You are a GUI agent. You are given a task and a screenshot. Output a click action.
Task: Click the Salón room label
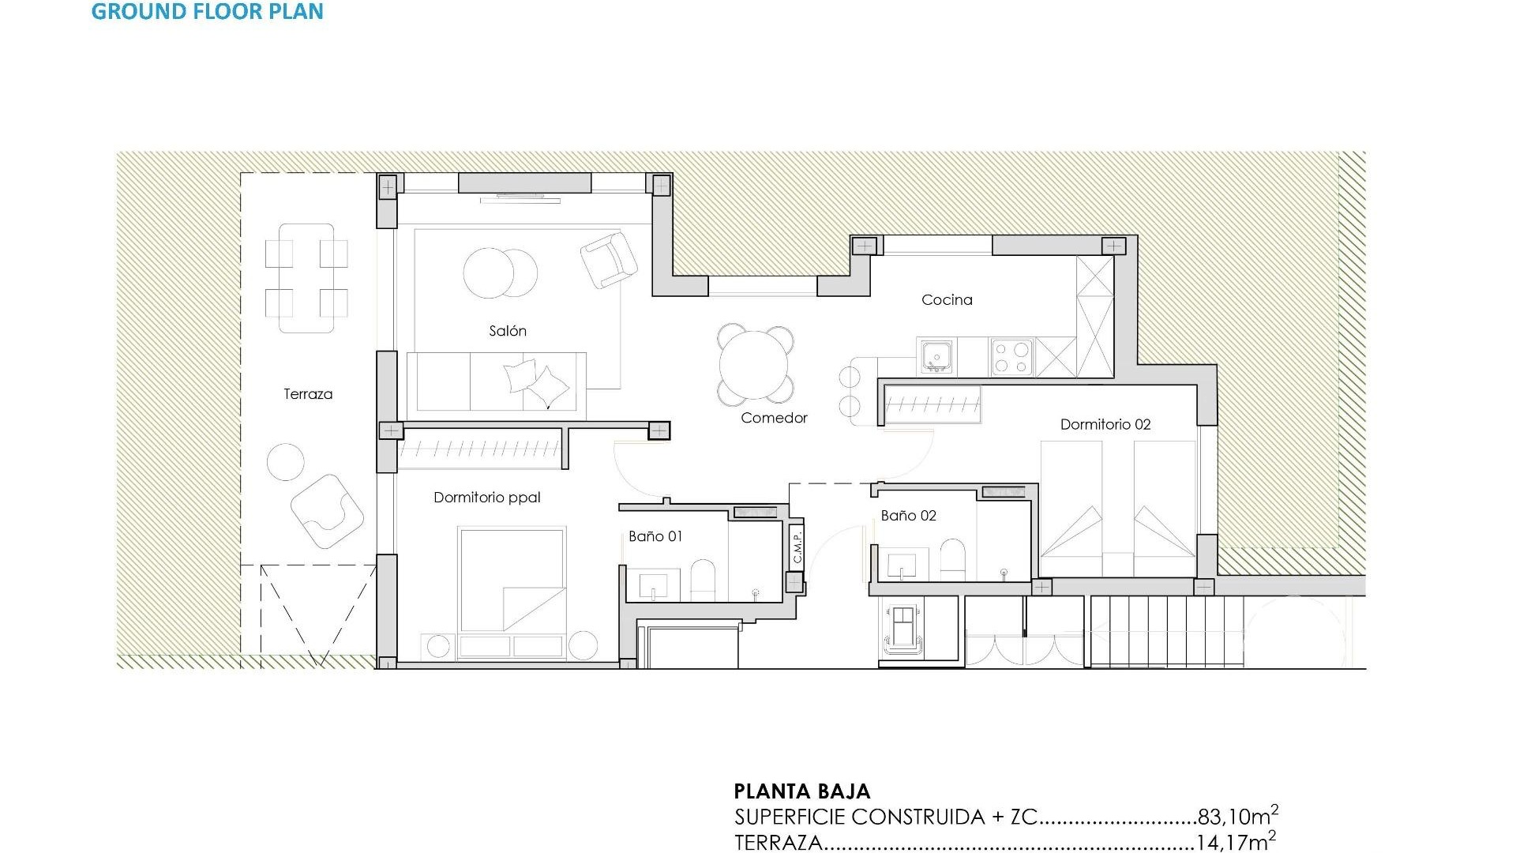coord(507,331)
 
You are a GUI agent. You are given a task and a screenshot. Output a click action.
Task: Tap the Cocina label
coord(947,299)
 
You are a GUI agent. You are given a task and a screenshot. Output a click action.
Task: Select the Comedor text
coord(774,418)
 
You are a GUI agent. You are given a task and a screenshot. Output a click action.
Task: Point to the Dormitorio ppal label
coord(487,497)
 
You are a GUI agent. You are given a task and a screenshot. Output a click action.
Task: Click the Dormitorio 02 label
coord(1105,424)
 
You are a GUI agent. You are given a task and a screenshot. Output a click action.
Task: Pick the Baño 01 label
coord(655,536)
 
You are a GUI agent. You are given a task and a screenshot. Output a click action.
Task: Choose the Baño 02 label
coord(908,516)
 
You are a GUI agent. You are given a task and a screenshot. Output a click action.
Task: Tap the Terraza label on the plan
coord(308,394)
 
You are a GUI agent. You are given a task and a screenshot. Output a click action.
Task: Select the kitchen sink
coord(936,356)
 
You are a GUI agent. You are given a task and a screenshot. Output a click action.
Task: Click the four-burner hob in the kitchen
coord(1012,356)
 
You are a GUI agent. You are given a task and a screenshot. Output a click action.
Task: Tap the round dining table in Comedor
coord(754,365)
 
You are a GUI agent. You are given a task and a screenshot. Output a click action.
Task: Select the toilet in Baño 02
coord(953,559)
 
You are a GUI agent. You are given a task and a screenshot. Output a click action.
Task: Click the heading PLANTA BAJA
coord(802,791)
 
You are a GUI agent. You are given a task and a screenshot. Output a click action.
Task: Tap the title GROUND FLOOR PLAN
coord(208,12)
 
